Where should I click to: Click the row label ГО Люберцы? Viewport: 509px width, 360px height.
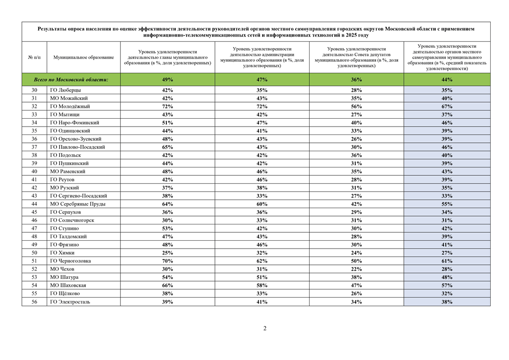[x=65, y=90]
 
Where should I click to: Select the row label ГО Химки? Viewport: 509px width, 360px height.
[x=62, y=253]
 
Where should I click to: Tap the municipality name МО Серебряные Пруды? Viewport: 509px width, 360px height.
[x=77, y=204]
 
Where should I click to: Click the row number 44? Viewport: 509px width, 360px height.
[x=34, y=204]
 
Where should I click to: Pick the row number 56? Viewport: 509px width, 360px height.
[x=34, y=301]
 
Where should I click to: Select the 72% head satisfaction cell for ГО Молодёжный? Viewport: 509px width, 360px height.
[x=167, y=106]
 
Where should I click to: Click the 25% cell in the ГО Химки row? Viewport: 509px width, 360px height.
[x=167, y=253]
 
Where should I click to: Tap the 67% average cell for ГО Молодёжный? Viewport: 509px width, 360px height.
[x=447, y=106]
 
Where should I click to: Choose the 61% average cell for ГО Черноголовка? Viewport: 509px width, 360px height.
[x=447, y=261]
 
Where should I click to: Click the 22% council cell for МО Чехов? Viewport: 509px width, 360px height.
[x=356, y=269]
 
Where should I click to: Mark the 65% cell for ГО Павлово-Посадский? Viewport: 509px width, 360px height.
[x=167, y=147]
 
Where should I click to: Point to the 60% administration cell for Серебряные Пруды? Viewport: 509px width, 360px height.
[x=262, y=204]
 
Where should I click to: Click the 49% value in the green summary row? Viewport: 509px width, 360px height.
[x=167, y=80]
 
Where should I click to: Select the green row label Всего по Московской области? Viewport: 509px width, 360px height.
[x=71, y=80]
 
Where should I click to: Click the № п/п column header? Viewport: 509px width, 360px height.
[x=34, y=57]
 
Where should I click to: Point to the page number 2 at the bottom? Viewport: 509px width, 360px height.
[x=265, y=329]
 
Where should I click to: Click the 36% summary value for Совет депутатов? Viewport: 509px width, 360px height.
[x=356, y=80]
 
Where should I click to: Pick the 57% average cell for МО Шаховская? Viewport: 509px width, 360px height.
[x=447, y=285]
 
